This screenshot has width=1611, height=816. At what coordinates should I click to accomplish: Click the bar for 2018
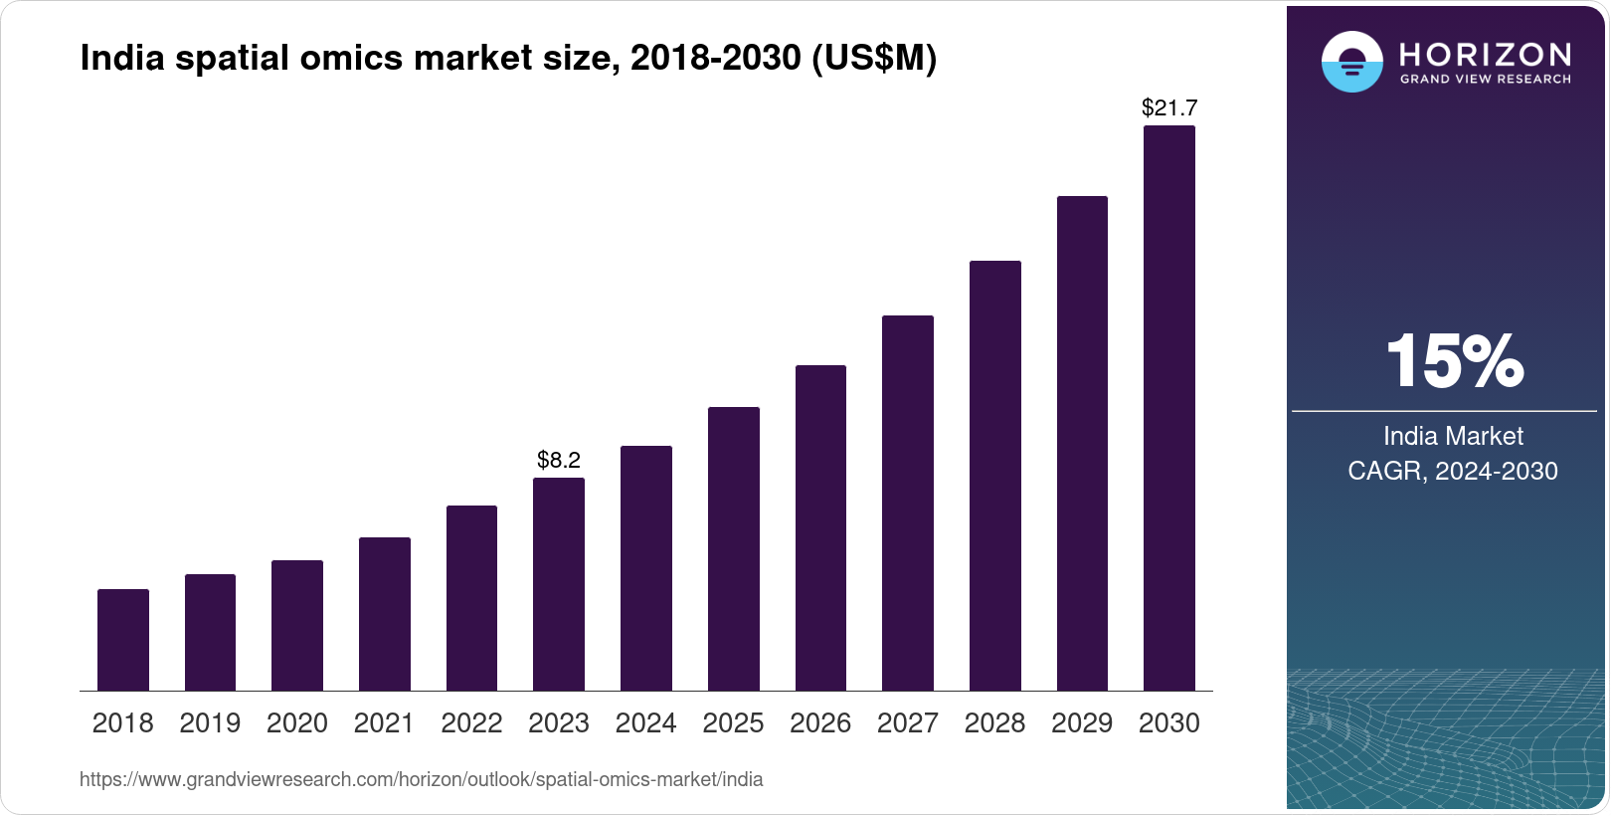[x=123, y=640]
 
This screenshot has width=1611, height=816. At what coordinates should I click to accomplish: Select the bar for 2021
[x=385, y=614]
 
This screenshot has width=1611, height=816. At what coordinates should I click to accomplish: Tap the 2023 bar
[x=559, y=584]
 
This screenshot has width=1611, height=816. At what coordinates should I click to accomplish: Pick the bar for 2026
[x=820, y=527]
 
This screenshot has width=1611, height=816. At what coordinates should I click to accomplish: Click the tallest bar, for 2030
[x=1169, y=408]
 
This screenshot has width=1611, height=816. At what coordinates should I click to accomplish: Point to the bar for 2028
[x=995, y=476]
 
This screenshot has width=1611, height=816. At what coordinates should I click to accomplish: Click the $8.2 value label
[x=559, y=460]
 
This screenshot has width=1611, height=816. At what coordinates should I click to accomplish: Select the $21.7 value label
[x=1169, y=107]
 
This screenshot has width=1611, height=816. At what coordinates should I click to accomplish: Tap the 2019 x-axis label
[x=210, y=723]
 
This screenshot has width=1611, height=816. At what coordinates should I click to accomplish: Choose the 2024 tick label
[x=646, y=723]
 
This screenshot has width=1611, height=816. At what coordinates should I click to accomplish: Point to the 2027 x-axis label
[x=908, y=723]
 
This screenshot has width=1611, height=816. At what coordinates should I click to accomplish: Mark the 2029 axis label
[x=1082, y=723]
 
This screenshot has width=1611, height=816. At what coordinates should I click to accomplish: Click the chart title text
[x=508, y=59]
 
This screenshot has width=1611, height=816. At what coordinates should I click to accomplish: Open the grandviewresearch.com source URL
[x=421, y=780]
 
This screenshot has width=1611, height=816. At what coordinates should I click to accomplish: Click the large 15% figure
[x=1454, y=360]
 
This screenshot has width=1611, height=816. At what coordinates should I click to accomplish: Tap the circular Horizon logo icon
[x=1351, y=62]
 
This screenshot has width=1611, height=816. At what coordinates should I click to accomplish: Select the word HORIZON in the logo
[x=1486, y=54]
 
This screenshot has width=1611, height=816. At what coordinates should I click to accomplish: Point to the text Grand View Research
[x=1486, y=80]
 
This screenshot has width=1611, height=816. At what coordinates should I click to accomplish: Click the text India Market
[x=1453, y=436]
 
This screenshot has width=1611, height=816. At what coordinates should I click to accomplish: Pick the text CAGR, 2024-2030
[x=1453, y=471]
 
